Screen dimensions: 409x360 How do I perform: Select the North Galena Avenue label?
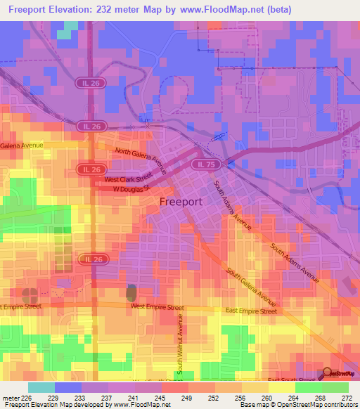tap(141, 160)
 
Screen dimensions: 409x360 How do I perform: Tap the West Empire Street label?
tap(157, 307)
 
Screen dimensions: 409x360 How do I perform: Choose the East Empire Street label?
tap(250, 310)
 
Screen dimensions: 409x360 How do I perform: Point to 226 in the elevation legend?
tap(26, 398)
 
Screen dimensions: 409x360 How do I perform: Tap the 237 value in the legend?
tap(107, 398)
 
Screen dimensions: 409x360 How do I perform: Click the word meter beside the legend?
tap(9, 398)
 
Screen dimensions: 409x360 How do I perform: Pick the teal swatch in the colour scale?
tap(41, 387)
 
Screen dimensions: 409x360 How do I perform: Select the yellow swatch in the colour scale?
tap(282, 387)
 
